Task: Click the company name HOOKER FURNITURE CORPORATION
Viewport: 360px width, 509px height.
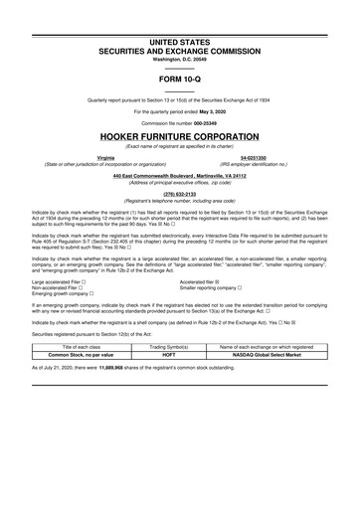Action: pyautogui.click(x=180, y=136)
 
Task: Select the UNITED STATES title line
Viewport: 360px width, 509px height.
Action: pyautogui.click(x=180, y=42)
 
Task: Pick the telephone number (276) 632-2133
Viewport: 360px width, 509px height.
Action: pyautogui.click(x=180, y=193)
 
